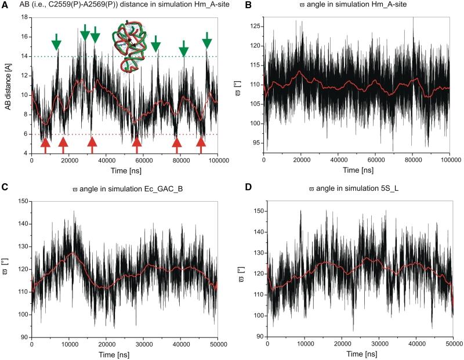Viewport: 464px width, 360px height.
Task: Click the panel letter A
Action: coord(5,5)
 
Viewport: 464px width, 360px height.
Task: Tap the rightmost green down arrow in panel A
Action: coord(207,41)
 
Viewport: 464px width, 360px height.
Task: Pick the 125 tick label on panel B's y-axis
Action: coord(254,27)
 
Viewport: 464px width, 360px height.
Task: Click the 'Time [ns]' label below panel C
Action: coord(124,354)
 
